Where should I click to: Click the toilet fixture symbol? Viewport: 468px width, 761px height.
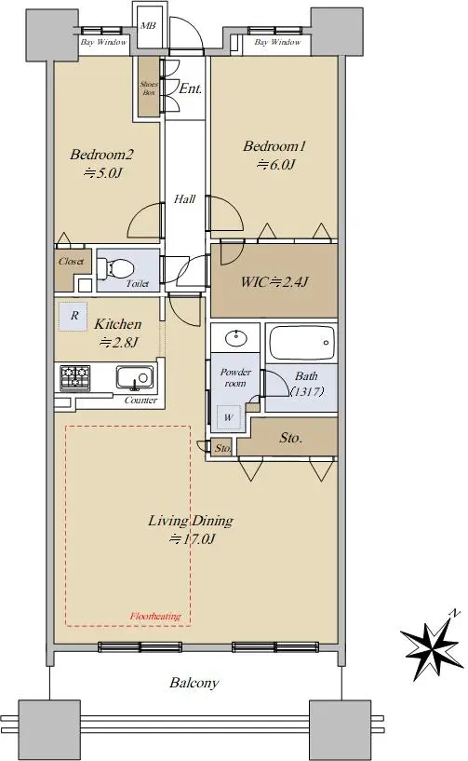click(115, 268)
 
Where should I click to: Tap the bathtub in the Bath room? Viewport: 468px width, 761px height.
click(301, 343)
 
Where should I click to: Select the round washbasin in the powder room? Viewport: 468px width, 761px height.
click(235, 337)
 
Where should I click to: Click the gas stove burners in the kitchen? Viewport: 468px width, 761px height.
click(75, 377)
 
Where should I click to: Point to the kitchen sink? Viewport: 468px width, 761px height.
click(134, 377)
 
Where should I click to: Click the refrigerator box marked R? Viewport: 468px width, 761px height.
click(74, 317)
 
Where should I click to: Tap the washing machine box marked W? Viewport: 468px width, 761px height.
click(229, 417)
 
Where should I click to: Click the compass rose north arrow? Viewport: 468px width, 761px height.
click(431, 646)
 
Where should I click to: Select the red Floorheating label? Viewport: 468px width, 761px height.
click(155, 617)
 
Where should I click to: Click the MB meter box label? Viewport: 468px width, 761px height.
click(148, 26)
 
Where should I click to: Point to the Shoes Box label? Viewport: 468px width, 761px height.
click(149, 88)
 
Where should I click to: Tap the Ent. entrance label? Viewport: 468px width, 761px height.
click(190, 88)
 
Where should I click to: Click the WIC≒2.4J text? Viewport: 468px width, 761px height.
click(274, 281)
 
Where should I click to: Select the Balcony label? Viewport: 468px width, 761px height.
click(194, 683)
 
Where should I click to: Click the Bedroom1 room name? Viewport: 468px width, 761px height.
click(274, 145)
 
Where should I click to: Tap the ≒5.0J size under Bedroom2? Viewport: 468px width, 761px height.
click(102, 172)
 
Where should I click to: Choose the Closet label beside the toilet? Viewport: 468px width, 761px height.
click(71, 261)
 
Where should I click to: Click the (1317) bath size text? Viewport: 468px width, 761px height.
click(307, 391)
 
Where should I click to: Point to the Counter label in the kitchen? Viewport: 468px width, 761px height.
click(140, 401)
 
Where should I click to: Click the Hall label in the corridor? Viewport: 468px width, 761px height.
click(184, 199)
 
